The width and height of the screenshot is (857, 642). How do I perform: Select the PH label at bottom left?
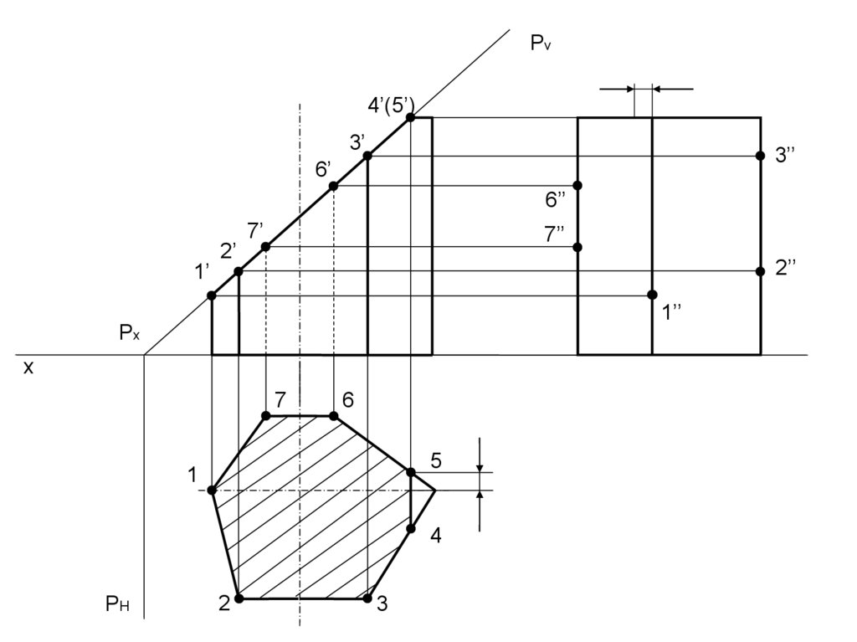(117, 603)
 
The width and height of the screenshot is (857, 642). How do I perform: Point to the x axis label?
(28, 367)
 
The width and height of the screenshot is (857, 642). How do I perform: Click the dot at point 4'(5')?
(411, 118)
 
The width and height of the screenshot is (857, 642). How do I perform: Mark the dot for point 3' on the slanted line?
(367, 156)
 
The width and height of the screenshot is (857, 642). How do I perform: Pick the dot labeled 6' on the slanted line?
(333, 186)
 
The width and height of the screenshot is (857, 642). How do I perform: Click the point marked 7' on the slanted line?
(266, 247)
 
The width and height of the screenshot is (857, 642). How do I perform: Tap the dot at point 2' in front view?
(239, 271)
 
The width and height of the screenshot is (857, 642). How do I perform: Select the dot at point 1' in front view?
(212, 295)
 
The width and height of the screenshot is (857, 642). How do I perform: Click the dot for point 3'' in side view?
(760, 156)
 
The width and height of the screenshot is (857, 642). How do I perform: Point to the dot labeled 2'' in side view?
(760, 271)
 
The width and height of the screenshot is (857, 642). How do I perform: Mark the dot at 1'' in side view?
(652, 295)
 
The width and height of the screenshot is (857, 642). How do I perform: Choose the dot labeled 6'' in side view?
(577, 185)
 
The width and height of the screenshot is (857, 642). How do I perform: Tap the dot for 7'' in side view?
(577, 247)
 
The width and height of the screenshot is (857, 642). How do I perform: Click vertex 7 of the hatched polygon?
(266, 416)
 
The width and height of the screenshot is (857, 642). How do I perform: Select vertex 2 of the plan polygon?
(239, 598)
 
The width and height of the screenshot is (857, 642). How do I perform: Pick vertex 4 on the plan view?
(411, 528)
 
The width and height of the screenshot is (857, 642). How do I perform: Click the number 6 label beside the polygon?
(348, 400)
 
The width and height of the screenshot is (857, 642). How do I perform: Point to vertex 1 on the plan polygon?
(212, 490)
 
